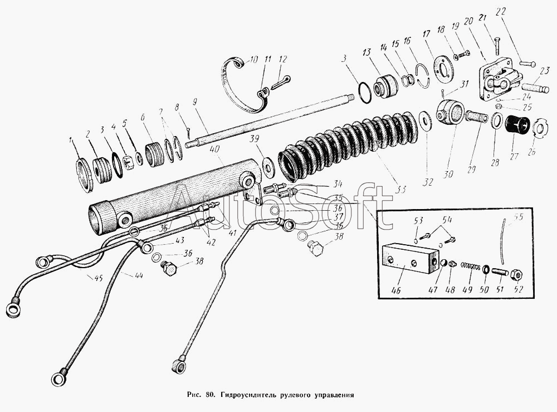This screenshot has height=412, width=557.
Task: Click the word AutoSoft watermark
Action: pos(278,204)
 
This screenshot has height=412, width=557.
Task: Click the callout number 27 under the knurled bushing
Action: pos(512,156)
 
